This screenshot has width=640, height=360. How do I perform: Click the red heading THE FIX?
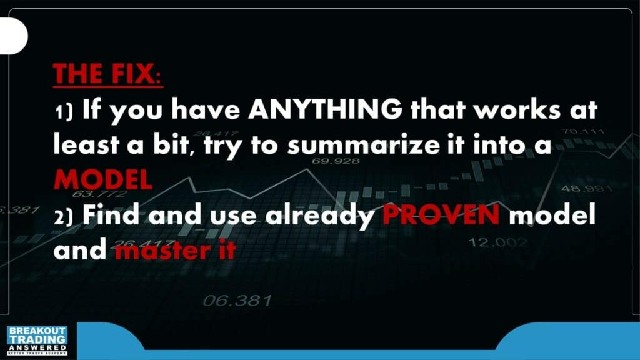point(107,74)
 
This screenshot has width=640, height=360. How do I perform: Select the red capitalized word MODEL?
point(103,179)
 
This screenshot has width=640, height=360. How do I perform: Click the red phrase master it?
point(176,250)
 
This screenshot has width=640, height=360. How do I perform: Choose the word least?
point(86,144)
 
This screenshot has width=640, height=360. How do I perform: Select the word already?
point(320,216)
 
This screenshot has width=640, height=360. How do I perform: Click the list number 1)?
point(64,111)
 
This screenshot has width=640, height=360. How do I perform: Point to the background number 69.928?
point(336,161)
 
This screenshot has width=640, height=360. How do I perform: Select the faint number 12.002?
point(498,242)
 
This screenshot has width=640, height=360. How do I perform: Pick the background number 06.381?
point(237,301)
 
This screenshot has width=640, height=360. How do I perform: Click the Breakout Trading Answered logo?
point(37,341)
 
